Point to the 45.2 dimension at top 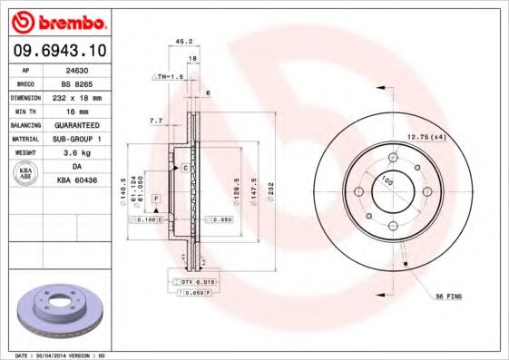[x=181, y=41]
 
